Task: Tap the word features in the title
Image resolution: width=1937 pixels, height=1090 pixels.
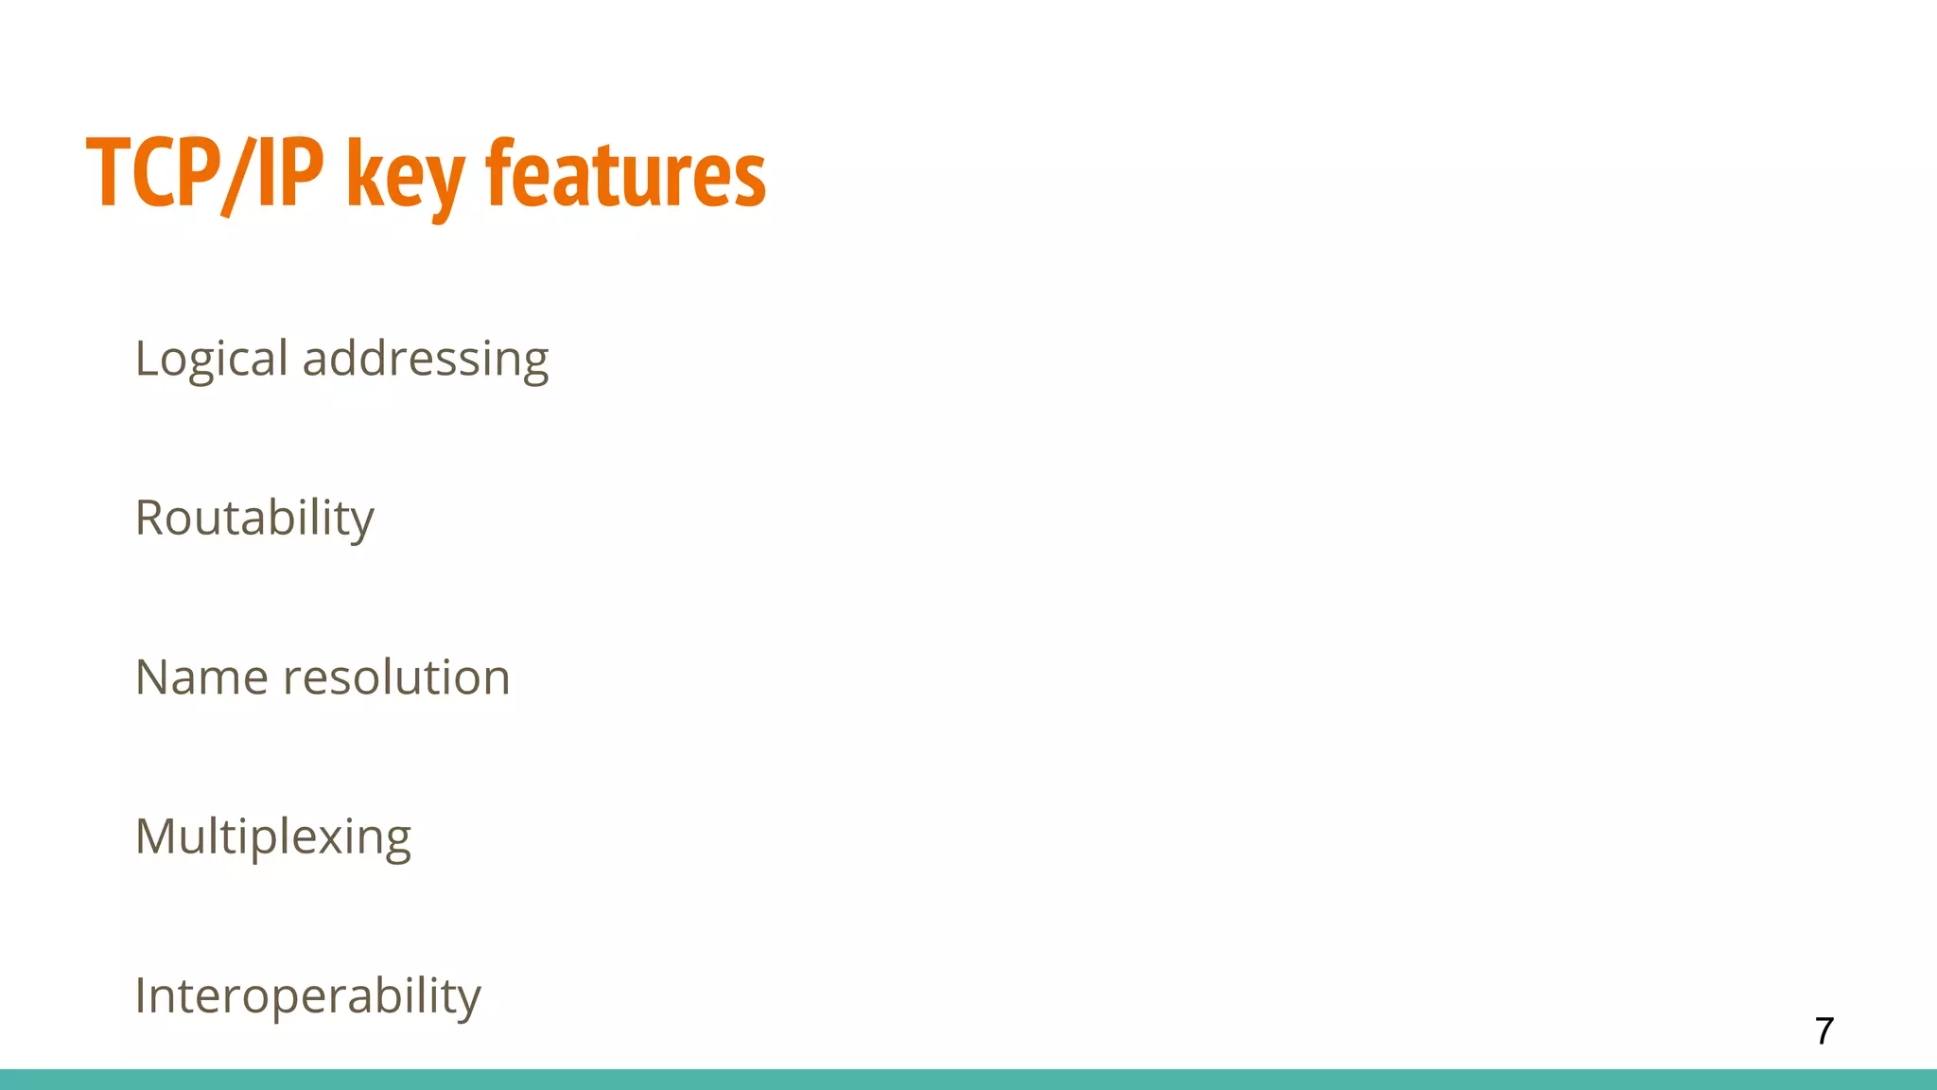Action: tap(625, 174)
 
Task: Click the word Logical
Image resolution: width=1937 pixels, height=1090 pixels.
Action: tap(211, 360)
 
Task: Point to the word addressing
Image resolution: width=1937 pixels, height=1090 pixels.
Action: tap(426, 360)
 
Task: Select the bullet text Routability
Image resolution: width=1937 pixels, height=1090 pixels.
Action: tap(254, 519)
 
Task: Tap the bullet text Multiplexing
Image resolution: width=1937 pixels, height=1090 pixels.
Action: tap(272, 837)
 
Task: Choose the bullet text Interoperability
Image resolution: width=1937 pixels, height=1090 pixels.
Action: tap(307, 996)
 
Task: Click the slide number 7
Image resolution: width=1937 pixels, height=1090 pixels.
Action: tap(1824, 1030)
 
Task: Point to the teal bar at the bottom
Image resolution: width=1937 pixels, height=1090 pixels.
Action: tap(968, 1080)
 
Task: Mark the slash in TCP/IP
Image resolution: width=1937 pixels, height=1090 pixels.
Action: tap(234, 176)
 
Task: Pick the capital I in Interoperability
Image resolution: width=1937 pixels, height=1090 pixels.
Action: tap(141, 995)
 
